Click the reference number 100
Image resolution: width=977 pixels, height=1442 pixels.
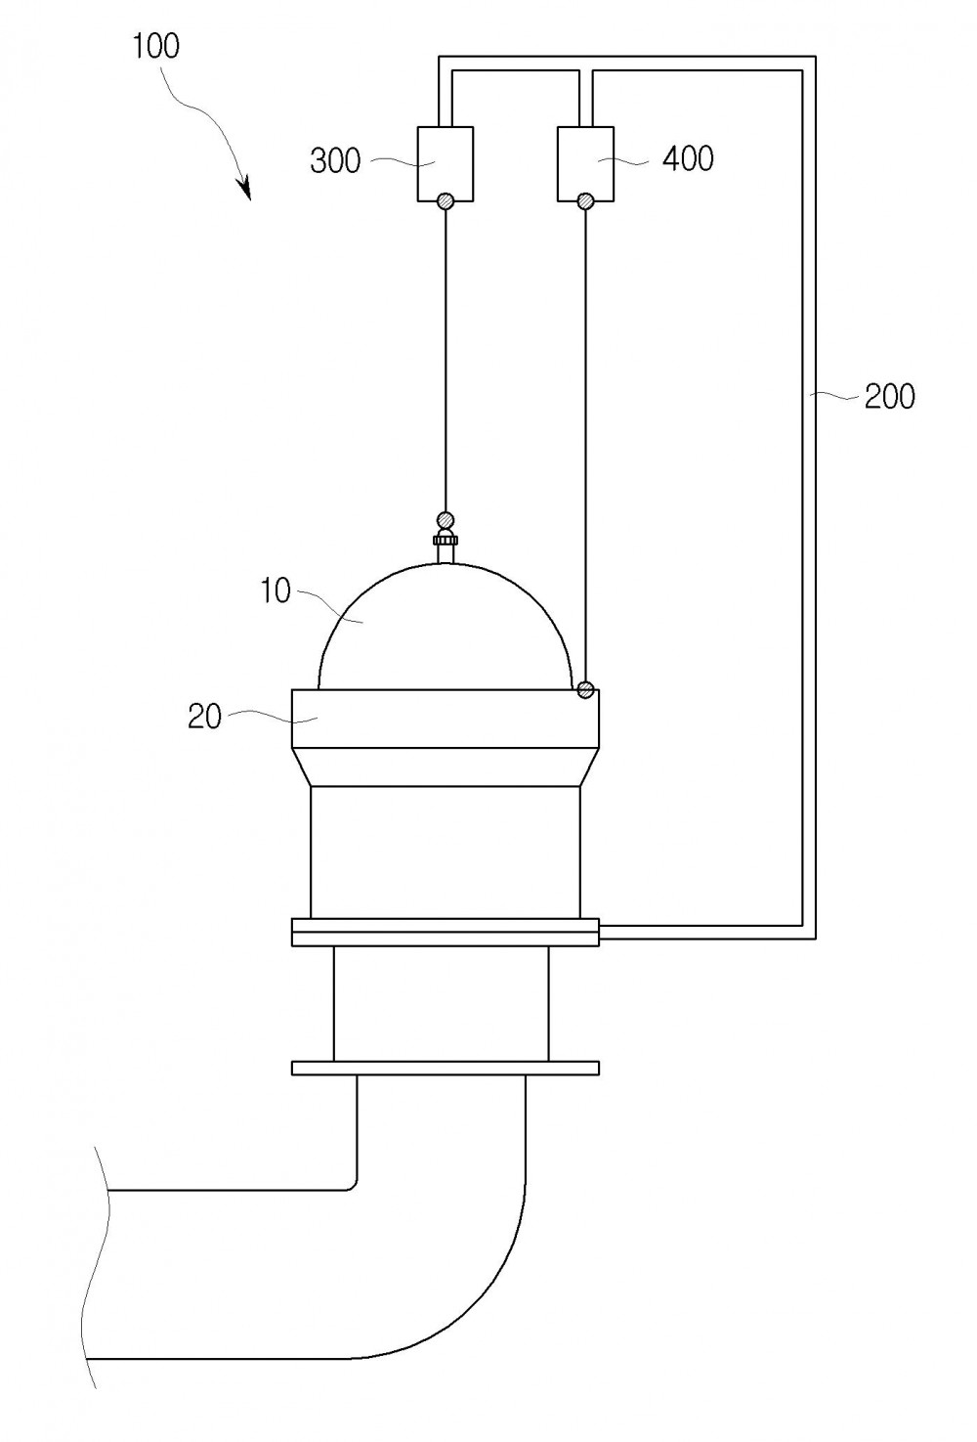(x=155, y=46)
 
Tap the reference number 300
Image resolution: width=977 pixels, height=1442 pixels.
(x=335, y=160)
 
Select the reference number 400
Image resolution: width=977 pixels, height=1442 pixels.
(x=688, y=157)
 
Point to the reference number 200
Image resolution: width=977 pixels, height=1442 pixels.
(x=889, y=396)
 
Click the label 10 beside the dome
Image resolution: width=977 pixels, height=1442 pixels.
(x=276, y=590)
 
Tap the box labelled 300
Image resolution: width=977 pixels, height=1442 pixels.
(x=446, y=164)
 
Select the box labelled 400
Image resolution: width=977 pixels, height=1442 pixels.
(x=584, y=164)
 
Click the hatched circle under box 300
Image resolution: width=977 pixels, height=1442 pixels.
(x=446, y=201)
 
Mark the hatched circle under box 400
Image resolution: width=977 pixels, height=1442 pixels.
(x=584, y=201)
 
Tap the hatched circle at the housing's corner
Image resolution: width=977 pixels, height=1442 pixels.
(x=584, y=690)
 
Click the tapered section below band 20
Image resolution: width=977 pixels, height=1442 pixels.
(x=446, y=766)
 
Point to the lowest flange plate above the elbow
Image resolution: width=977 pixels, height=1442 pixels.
(x=446, y=1068)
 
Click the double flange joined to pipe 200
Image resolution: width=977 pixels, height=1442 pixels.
(x=446, y=932)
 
